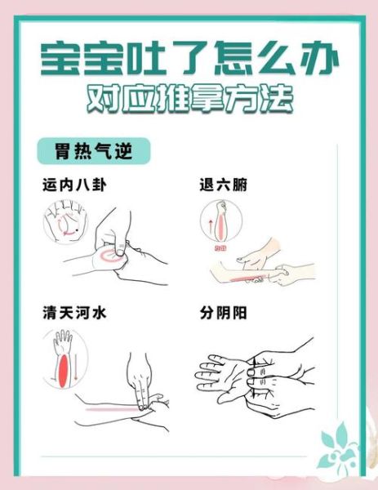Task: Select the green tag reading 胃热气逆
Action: click(x=91, y=151)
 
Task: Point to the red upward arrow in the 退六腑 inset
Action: click(x=215, y=222)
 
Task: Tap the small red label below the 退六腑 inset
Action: click(x=218, y=247)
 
